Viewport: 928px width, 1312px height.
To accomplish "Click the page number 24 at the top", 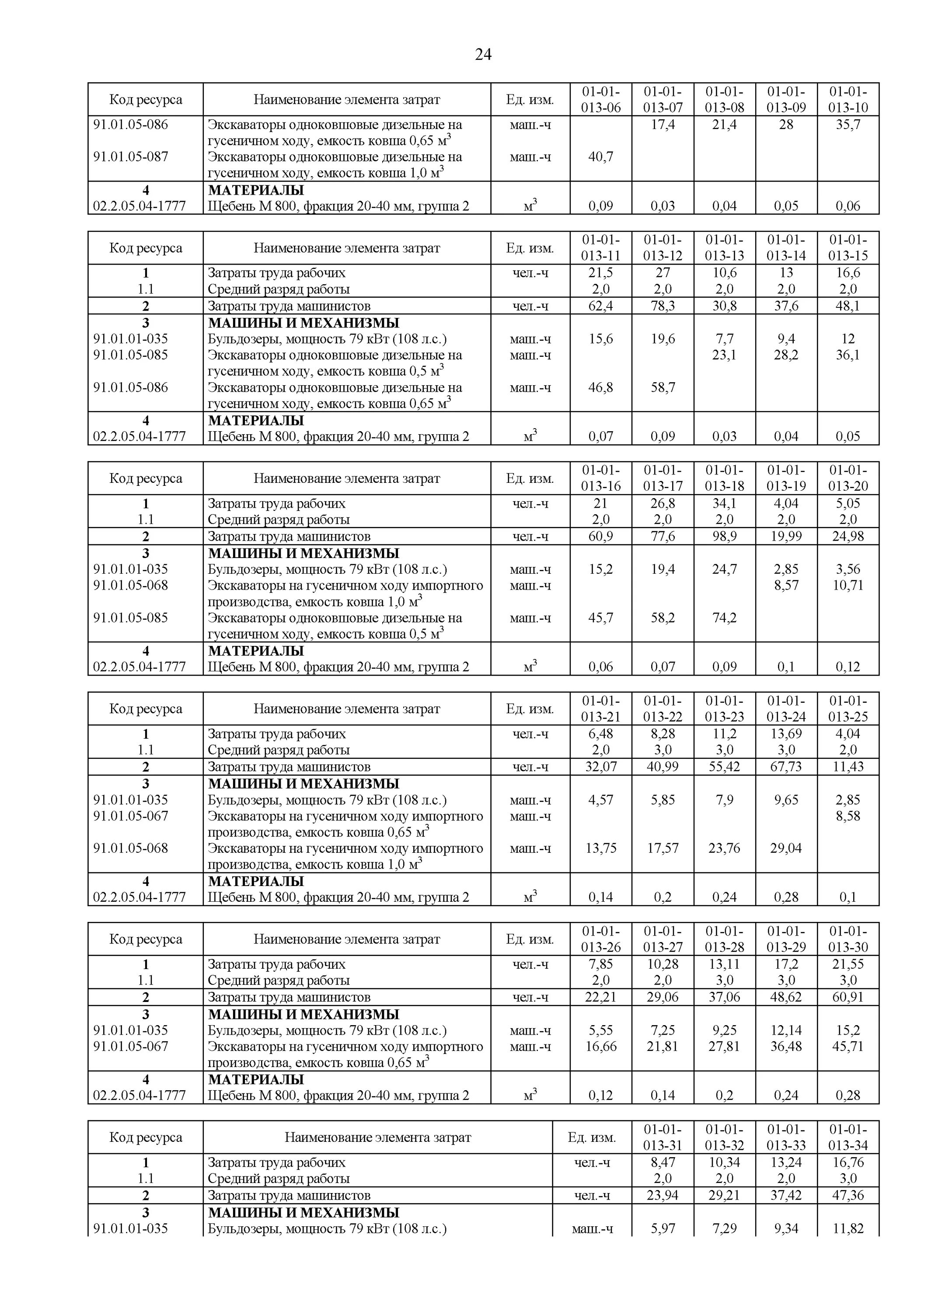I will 483,54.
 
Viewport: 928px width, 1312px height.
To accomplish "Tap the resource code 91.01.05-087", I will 131,157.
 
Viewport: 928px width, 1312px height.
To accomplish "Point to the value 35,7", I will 848,125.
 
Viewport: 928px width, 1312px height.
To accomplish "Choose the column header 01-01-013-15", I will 848,248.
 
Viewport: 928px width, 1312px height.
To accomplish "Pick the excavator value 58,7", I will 663,387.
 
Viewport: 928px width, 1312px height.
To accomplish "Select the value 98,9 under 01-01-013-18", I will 724,537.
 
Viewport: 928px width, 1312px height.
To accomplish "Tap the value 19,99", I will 786,537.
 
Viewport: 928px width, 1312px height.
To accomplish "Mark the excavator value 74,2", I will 724,618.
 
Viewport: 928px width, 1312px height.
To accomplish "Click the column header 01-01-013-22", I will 663,708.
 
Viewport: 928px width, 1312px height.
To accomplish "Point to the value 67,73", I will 786,767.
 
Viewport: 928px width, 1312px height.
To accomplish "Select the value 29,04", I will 786,848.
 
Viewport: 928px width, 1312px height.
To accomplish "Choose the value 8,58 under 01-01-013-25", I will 848,816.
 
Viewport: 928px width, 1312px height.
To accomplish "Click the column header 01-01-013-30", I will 848,939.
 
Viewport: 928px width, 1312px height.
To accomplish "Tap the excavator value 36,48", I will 786,1046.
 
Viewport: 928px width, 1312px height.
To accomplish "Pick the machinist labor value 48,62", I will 786,997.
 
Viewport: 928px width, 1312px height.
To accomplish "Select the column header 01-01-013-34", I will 848,1137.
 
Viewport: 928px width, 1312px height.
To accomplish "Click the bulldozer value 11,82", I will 848,1228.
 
